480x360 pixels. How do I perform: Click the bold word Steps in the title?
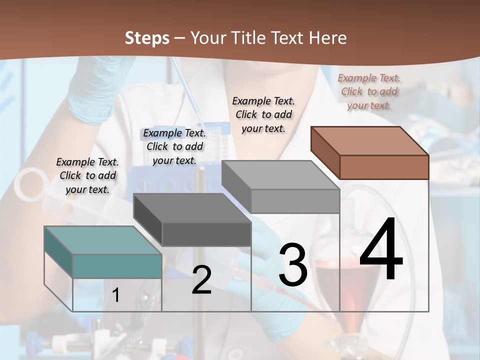(147, 38)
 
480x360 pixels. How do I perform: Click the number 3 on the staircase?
(293, 265)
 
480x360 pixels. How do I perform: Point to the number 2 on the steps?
(201, 280)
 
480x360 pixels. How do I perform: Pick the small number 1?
(116, 295)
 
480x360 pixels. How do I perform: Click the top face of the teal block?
(103, 240)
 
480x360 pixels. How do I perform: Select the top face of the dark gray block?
(192, 208)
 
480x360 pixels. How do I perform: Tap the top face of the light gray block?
(280, 175)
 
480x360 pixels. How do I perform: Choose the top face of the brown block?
(369, 140)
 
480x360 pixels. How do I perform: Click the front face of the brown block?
(384, 167)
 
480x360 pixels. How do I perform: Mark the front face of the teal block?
(117, 266)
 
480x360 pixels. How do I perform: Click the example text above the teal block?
(87, 175)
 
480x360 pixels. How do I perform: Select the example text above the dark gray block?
(174, 146)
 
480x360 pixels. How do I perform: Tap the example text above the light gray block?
(263, 114)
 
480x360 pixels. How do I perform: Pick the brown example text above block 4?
(369, 91)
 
